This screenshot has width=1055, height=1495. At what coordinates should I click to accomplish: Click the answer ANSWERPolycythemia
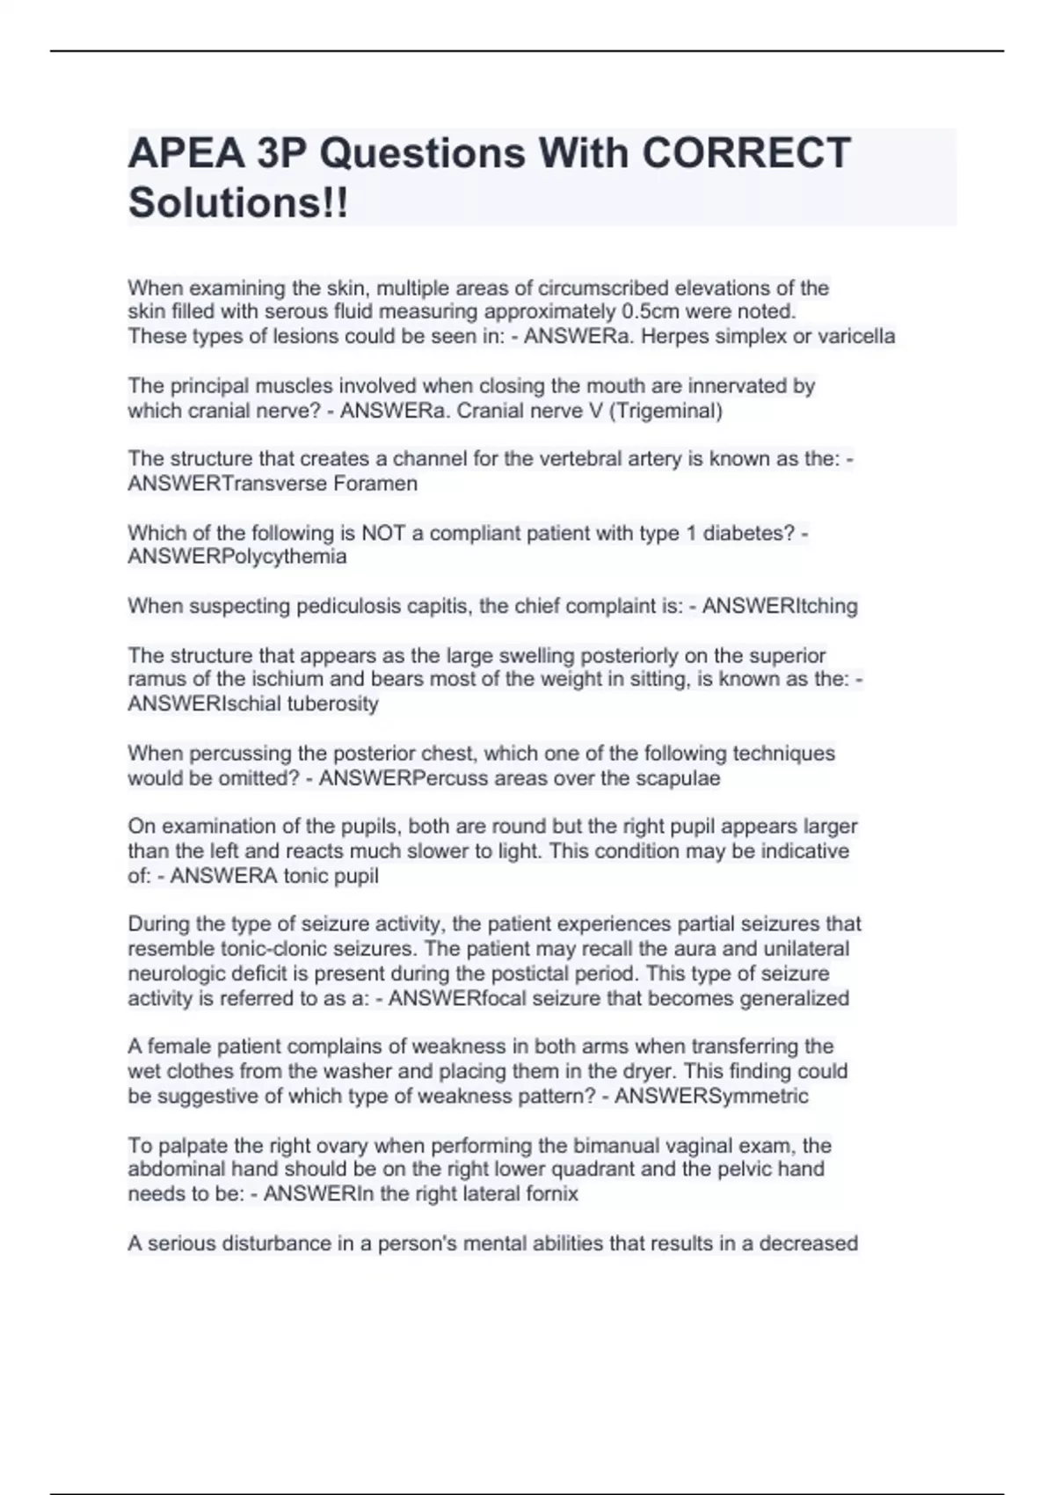point(237,557)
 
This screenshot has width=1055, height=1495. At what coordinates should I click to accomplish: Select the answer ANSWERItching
point(780,606)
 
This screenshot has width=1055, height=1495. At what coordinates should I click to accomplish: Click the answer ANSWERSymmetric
point(711,1096)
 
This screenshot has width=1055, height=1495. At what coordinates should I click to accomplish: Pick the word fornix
point(551,1193)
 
